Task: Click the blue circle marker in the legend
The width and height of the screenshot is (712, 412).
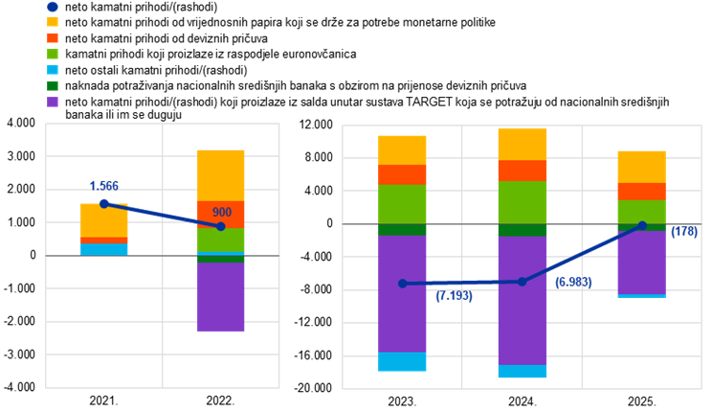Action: [x=53, y=7]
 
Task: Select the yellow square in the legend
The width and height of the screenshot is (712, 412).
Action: [x=53, y=22]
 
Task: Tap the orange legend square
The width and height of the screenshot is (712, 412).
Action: [x=53, y=38]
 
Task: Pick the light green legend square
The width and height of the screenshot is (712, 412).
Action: [x=53, y=54]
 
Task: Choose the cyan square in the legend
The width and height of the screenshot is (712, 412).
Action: [x=53, y=70]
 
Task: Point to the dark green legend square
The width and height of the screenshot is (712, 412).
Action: [x=53, y=85]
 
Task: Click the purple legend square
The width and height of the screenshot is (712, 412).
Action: [x=53, y=102]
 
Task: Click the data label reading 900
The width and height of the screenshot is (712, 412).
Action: [x=222, y=212]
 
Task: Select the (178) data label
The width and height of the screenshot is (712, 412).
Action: [x=684, y=231]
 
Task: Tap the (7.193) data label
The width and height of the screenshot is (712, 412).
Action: [x=454, y=296]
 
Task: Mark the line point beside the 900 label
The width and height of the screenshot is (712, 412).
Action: [x=221, y=226]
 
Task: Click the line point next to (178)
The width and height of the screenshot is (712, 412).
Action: [x=642, y=225]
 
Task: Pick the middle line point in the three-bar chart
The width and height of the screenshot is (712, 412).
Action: [x=522, y=282]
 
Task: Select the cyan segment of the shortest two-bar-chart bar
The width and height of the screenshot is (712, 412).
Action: [x=104, y=249]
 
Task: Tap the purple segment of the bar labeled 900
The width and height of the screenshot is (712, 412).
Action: [x=220, y=297]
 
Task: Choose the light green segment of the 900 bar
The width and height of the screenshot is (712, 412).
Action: [x=220, y=240]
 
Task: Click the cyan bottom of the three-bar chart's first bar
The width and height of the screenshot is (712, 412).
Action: [x=402, y=361]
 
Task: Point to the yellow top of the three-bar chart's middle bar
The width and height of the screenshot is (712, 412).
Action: [x=522, y=144]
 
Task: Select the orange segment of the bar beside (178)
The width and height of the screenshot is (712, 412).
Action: [x=641, y=192]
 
